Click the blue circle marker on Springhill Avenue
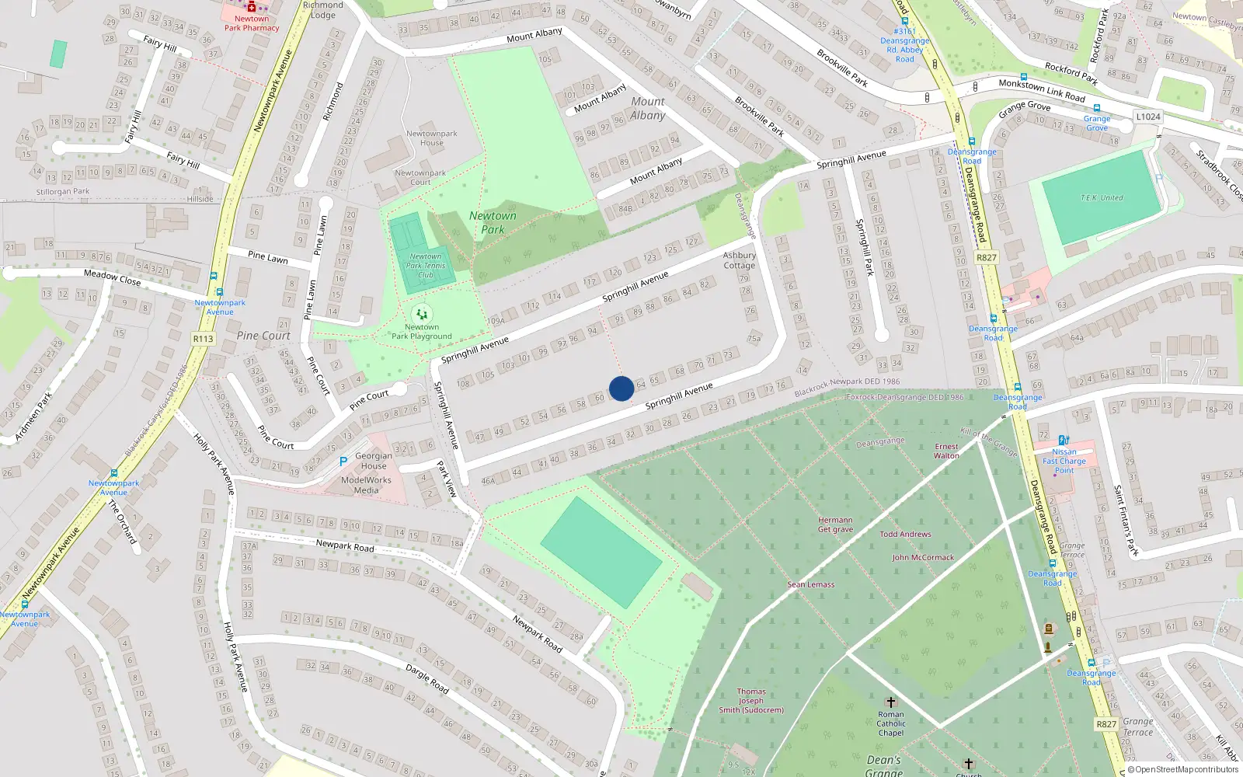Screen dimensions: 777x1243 click(x=621, y=388)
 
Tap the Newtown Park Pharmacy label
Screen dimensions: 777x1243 click(x=252, y=23)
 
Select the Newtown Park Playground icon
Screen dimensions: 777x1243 click(x=421, y=315)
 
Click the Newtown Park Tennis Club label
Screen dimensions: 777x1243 click(x=426, y=266)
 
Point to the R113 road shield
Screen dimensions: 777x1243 click(x=203, y=339)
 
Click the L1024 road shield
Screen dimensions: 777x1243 click(x=1148, y=117)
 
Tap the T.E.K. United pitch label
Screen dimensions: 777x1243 click(x=1102, y=198)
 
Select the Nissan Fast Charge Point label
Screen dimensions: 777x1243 click(x=1064, y=461)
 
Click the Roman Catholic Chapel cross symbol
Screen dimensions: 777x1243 click(x=891, y=702)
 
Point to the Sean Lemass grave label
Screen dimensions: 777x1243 click(x=811, y=584)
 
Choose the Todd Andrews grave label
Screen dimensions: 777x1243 click(x=905, y=535)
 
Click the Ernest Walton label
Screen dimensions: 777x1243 click(x=946, y=451)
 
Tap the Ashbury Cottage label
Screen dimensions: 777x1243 click(x=739, y=260)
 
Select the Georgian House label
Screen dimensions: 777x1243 click(x=374, y=462)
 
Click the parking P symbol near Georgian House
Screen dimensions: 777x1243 click(x=343, y=462)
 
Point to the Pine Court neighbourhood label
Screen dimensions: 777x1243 click(x=263, y=336)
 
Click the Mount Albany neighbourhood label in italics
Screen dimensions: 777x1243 click(x=648, y=109)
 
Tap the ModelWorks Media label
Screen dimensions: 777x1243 click(x=366, y=486)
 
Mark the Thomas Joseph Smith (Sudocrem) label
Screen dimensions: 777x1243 click(x=751, y=700)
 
